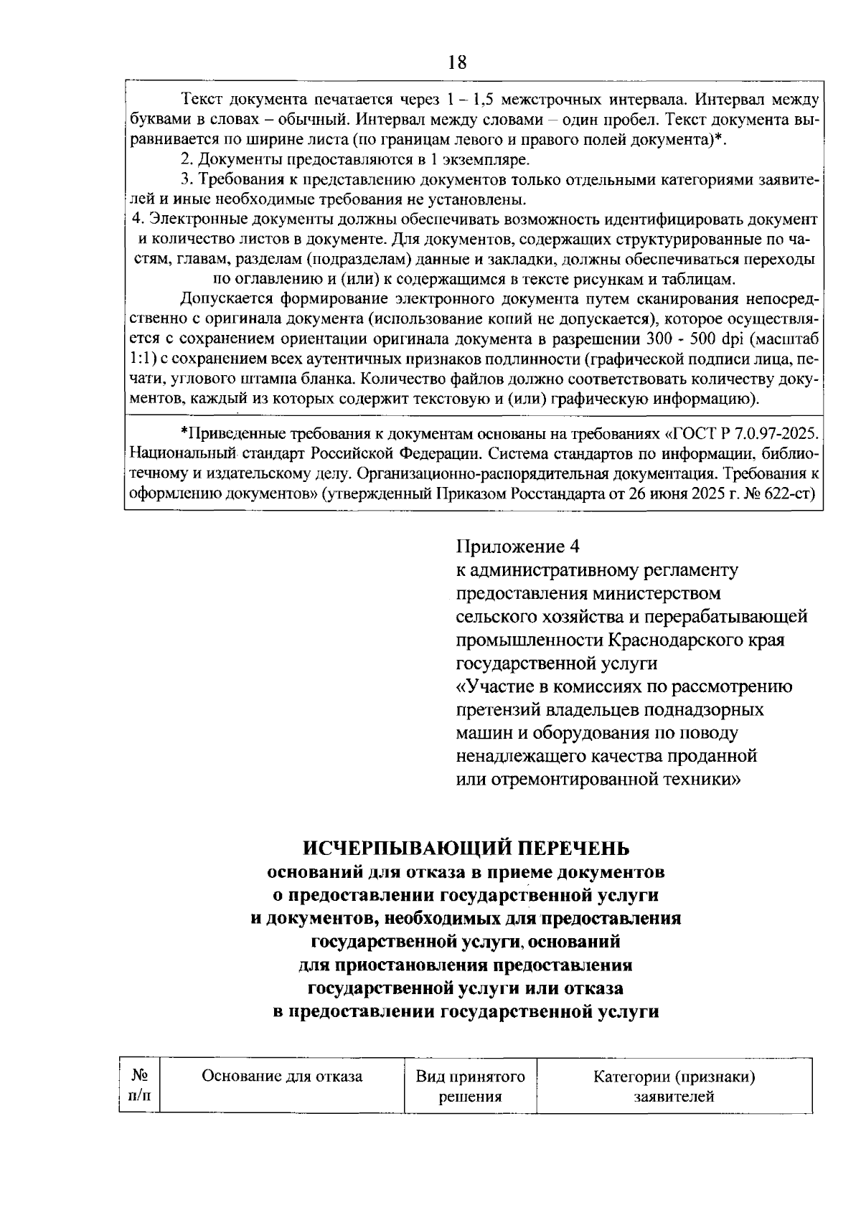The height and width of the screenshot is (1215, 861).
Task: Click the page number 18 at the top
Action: [x=457, y=62]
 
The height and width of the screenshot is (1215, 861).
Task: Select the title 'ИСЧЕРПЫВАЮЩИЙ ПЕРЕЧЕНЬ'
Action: [x=466, y=848]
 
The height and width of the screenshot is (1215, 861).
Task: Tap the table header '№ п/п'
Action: [x=140, y=1086]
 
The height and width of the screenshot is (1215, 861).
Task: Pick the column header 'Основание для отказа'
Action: [x=282, y=1076]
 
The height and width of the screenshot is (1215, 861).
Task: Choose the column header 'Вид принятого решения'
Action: [x=470, y=1086]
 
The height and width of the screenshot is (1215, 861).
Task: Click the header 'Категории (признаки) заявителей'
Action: [x=674, y=1086]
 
